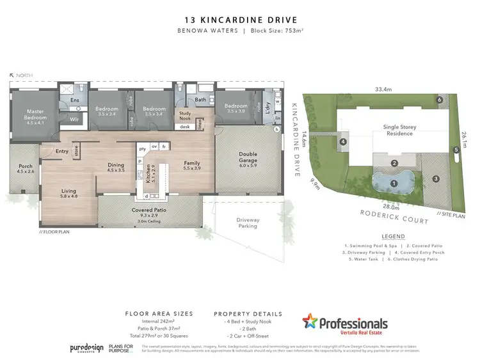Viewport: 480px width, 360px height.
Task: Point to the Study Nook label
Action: click(185, 115)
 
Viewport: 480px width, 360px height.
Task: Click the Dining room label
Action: click(115, 168)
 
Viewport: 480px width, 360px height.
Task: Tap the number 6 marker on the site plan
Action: click(440, 100)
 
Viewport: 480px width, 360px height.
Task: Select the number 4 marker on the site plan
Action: click(344, 141)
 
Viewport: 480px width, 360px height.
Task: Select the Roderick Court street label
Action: click(384, 216)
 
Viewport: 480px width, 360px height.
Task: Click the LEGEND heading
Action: click(393, 236)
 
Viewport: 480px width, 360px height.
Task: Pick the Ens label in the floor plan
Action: click(74, 100)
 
